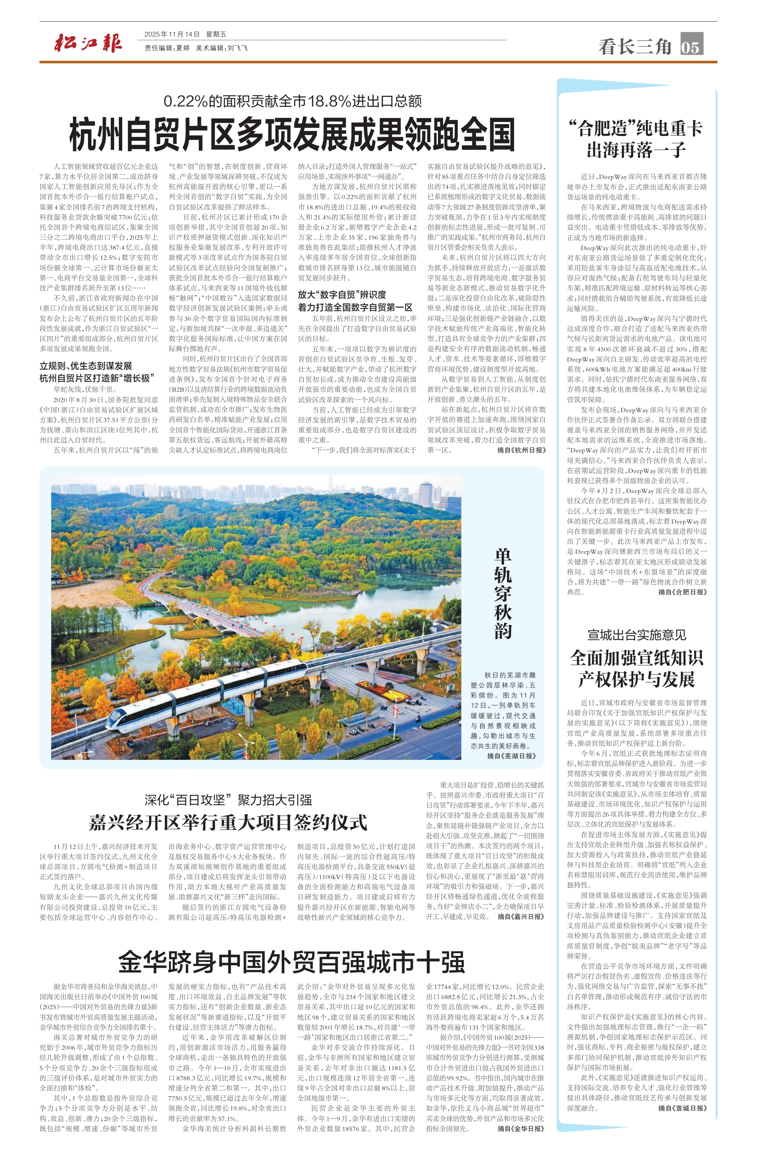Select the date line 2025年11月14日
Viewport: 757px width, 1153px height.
point(172,34)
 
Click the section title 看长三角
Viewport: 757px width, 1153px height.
point(635,47)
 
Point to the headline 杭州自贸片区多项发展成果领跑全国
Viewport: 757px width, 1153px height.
point(292,135)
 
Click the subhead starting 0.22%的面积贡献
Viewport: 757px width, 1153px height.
point(293,101)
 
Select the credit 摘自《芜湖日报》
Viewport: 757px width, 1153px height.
point(511,756)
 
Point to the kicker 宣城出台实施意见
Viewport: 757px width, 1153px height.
point(636,635)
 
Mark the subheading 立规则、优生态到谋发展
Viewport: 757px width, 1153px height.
point(86,366)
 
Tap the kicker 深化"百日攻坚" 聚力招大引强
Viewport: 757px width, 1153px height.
point(228,800)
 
